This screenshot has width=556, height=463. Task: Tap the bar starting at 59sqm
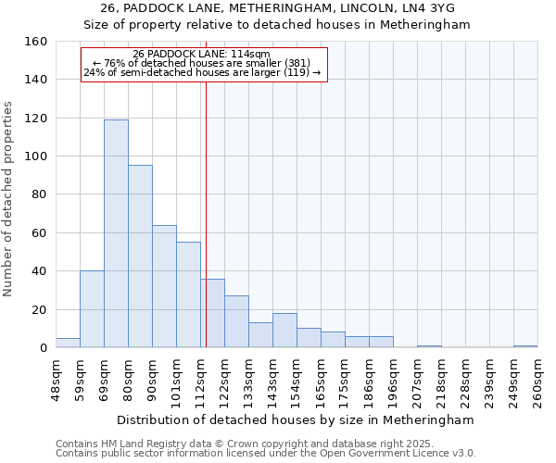click(92, 309)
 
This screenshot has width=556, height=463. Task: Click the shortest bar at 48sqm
click(68, 343)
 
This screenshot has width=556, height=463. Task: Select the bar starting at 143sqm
click(284, 331)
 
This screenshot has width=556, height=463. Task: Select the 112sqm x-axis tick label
click(200, 380)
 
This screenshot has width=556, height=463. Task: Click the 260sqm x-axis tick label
click(537, 380)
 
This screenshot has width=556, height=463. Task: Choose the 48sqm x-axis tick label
click(56, 380)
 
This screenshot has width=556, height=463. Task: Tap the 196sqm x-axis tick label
click(393, 380)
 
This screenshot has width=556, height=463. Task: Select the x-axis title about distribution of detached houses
click(297, 419)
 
